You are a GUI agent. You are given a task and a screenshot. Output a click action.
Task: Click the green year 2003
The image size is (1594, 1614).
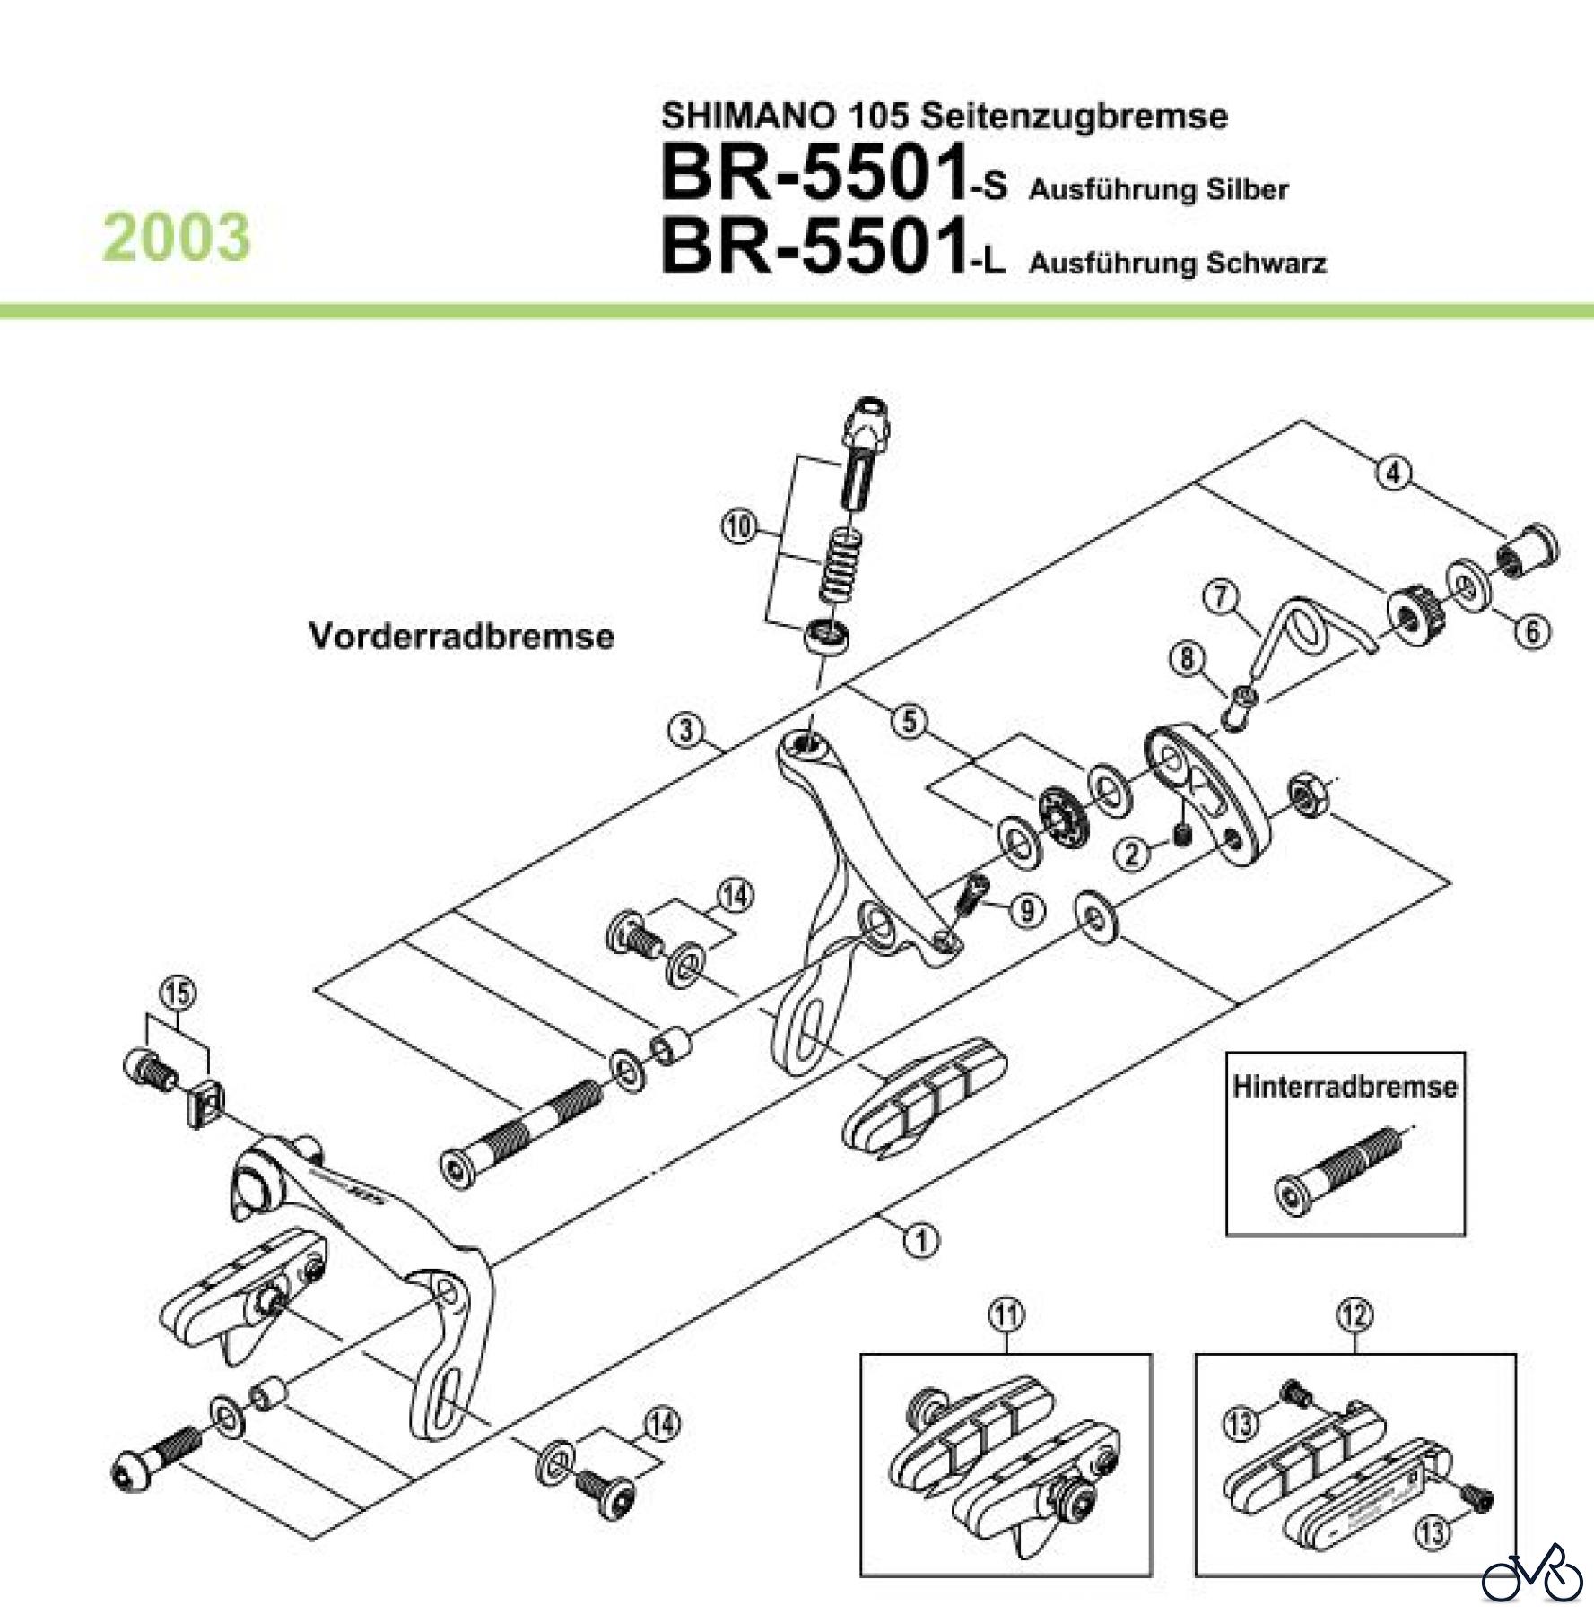pos(177,238)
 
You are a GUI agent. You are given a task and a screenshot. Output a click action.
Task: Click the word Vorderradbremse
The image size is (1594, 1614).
pos(461,637)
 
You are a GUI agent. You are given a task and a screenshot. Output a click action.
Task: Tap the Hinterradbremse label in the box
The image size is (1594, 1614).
pos(1344,1087)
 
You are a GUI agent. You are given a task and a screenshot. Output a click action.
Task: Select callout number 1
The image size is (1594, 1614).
pos(921,1241)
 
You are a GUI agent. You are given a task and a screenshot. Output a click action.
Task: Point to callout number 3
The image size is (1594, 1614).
pos(686,730)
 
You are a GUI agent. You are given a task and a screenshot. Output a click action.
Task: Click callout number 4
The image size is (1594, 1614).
pos(1393,473)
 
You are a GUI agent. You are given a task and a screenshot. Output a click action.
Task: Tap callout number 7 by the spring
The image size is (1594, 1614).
pos(1221,597)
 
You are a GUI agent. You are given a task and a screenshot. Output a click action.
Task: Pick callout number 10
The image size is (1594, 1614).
pos(738,526)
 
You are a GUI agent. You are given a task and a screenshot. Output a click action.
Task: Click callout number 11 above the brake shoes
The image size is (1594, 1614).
pos(1006,1316)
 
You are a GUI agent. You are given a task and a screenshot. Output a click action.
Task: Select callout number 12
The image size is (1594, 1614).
pos(1354,1316)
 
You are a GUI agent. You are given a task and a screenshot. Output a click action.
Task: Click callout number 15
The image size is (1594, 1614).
pos(178,994)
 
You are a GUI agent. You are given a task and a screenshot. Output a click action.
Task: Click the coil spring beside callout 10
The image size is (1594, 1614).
pos(843,564)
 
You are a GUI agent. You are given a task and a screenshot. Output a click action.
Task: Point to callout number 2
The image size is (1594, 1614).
pos(1133,853)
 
